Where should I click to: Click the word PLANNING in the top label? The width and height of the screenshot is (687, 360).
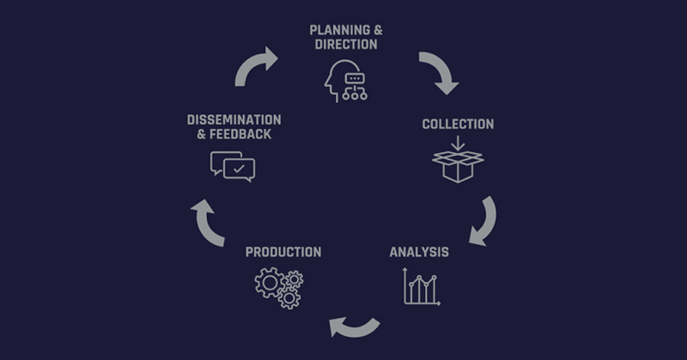tap(339, 30)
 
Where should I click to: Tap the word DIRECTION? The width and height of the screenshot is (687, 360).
tap(346, 45)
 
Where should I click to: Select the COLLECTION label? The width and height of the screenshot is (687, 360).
tap(458, 124)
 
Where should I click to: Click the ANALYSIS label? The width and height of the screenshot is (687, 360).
tap(419, 252)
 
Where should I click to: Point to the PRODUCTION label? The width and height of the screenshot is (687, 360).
tap(283, 252)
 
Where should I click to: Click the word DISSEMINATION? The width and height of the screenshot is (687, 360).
tap(234, 120)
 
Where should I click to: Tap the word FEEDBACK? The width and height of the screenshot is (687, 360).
tap(240, 134)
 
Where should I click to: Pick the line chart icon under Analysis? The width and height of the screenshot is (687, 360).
tap(422, 286)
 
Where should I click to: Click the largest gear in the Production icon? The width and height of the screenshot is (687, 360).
tap(269, 283)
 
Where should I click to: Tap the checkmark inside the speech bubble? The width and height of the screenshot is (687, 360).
tap(239, 168)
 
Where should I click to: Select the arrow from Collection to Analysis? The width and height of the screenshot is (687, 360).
tap(487, 222)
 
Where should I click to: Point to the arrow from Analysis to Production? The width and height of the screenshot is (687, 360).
tap(354, 329)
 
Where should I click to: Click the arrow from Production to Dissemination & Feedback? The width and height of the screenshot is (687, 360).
tap(206, 223)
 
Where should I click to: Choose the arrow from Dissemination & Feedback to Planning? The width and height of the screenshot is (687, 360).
tap(254, 66)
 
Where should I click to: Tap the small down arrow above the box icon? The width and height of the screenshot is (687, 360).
tap(458, 143)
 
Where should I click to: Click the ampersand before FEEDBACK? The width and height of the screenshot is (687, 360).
tap(201, 134)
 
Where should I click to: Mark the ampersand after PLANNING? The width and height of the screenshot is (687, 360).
tap(378, 30)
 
